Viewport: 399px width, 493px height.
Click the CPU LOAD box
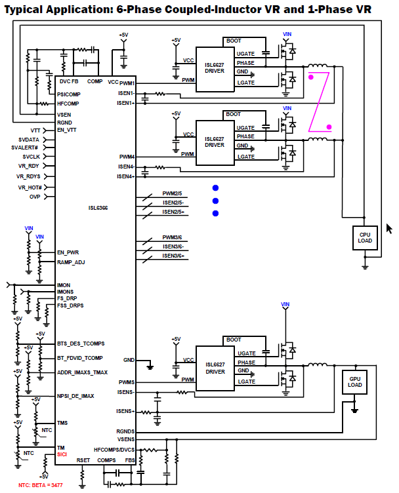coord(365,238)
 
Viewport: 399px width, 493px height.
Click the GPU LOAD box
coord(354,382)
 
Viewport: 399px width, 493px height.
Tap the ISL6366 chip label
coord(98,208)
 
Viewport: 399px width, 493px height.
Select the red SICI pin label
coord(62,454)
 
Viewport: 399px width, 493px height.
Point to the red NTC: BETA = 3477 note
coord(41,485)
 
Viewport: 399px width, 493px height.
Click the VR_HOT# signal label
coord(30,187)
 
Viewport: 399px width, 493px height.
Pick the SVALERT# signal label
coord(24,148)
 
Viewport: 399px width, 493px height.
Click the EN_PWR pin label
coord(68,252)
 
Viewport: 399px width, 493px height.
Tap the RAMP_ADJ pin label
coord(71,262)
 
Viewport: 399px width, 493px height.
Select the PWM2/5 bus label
coord(172,193)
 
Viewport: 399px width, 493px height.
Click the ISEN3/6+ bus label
coord(173,256)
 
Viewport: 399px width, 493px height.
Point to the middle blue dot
coord(215,201)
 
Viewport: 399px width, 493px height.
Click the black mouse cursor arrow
coord(389,229)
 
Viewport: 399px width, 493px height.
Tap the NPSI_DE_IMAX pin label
coord(75,396)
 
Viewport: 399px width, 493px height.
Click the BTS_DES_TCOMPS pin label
coord(81,344)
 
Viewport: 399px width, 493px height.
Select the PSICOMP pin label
coord(69,94)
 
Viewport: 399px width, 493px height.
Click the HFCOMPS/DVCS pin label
coord(114,450)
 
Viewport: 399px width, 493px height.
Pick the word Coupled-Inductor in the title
coord(215,9)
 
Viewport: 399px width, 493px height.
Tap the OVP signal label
coord(35,197)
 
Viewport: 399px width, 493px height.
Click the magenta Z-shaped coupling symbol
coord(319,102)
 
